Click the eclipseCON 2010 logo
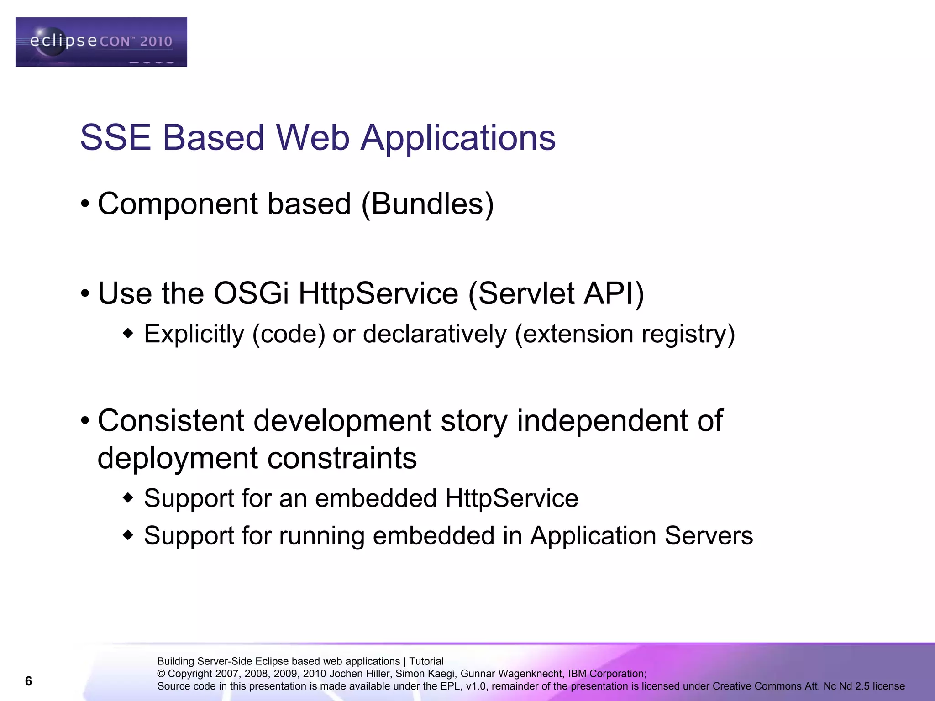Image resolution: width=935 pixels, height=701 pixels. [x=101, y=42]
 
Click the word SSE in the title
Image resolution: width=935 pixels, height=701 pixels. [x=115, y=137]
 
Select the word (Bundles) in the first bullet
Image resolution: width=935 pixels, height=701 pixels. [x=427, y=204]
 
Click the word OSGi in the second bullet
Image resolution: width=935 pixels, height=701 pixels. [x=251, y=293]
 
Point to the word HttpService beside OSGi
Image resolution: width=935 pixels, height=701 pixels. [x=378, y=293]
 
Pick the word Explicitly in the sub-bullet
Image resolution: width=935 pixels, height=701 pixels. [x=194, y=334]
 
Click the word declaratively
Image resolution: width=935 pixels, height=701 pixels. [x=435, y=334]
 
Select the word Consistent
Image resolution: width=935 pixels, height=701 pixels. [x=171, y=420]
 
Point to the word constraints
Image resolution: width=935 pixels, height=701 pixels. [x=342, y=458]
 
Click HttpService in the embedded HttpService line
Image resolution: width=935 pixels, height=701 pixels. [x=511, y=498]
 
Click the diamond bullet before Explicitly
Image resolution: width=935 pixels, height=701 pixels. [x=128, y=333]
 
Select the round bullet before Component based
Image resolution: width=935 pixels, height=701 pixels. [x=85, y=204]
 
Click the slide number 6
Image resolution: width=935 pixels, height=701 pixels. [x=28, y=681]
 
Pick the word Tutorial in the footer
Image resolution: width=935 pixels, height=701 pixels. [x=426, y=661]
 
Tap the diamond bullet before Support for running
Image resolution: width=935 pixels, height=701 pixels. [x=128, y=534]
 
